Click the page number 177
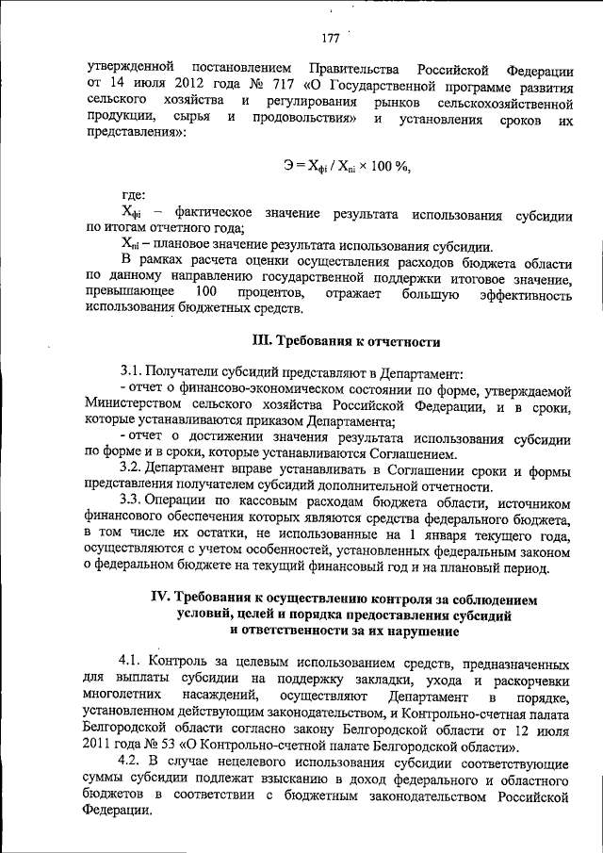pyautogui.click(x=329, y=38)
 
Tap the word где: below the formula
pyautogui.click(x=133, y=196)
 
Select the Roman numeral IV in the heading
pyautogui.click(x=163, y=599)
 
